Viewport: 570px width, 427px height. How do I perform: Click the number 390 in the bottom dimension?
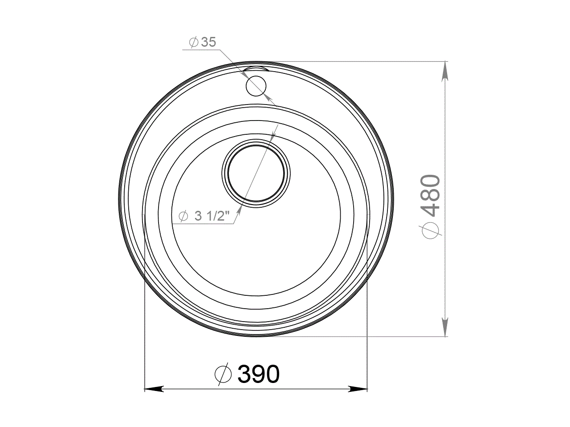(259, 375)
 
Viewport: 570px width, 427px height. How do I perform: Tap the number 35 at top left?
(208, 42)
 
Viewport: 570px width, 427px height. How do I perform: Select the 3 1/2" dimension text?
(212, 216)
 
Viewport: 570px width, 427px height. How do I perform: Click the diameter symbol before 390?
(223, 375)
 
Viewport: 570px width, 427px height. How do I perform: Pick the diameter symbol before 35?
(194, 42)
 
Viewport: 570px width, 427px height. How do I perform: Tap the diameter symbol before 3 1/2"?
(183, 216)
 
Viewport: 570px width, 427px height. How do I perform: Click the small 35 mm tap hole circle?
(256, 86)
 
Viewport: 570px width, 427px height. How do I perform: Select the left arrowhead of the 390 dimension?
(154, 389)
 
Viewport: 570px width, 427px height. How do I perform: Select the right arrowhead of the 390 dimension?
(358, 389)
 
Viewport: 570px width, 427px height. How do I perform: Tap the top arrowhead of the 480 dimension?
(444, 71)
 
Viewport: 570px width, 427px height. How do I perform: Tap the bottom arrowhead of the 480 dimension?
(444, 326)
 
